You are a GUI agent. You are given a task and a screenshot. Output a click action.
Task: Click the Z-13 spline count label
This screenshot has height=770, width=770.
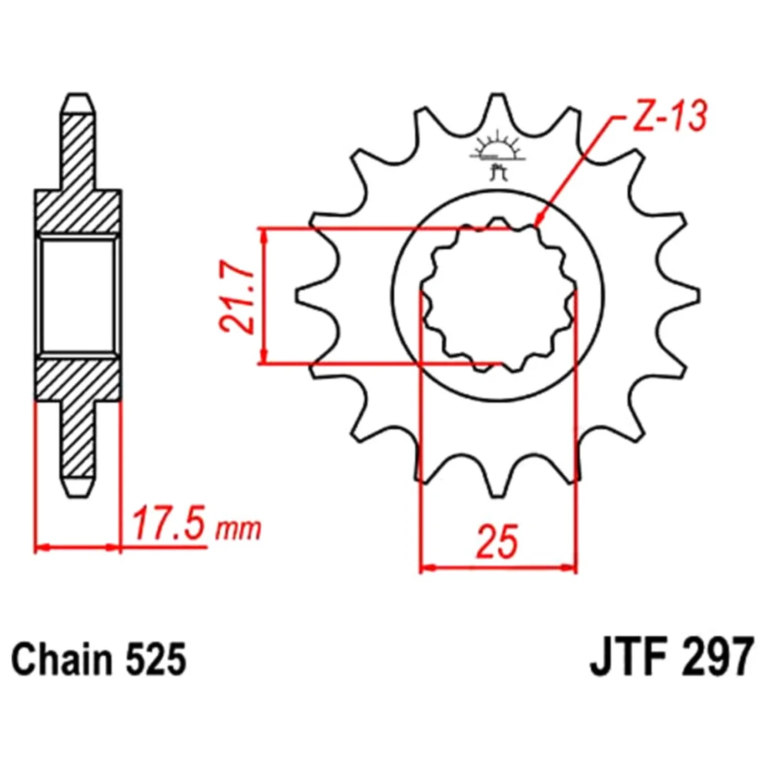tap(669, 117)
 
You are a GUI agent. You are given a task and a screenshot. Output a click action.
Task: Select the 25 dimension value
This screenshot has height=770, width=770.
tap(497, 541)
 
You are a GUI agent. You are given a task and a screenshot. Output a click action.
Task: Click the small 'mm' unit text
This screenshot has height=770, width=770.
tap(238, 529)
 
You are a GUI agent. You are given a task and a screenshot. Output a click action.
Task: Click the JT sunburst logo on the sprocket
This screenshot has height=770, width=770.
tap(497, 154)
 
